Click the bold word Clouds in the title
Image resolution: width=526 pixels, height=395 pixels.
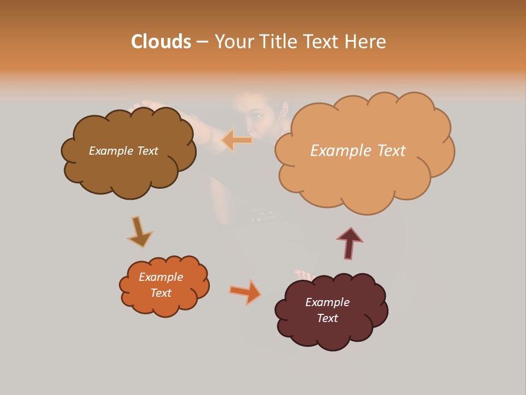(161, 42)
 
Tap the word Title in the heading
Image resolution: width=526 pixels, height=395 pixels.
(277, 42)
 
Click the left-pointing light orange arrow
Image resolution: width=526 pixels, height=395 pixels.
(237, 140)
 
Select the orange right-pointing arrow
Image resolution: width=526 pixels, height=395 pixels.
(245, 292)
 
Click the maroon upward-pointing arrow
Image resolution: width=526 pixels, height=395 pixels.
(350, 243)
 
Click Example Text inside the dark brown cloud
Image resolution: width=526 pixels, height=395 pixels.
(123, 151)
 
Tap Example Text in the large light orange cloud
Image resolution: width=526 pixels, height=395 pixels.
(358, 150)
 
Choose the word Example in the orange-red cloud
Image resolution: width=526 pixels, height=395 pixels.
(161, 277)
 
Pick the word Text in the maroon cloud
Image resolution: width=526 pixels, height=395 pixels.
(328, 318)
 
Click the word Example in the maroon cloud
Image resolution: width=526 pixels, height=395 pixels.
(327, 302)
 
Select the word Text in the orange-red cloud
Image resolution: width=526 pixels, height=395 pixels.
(161, 293)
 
